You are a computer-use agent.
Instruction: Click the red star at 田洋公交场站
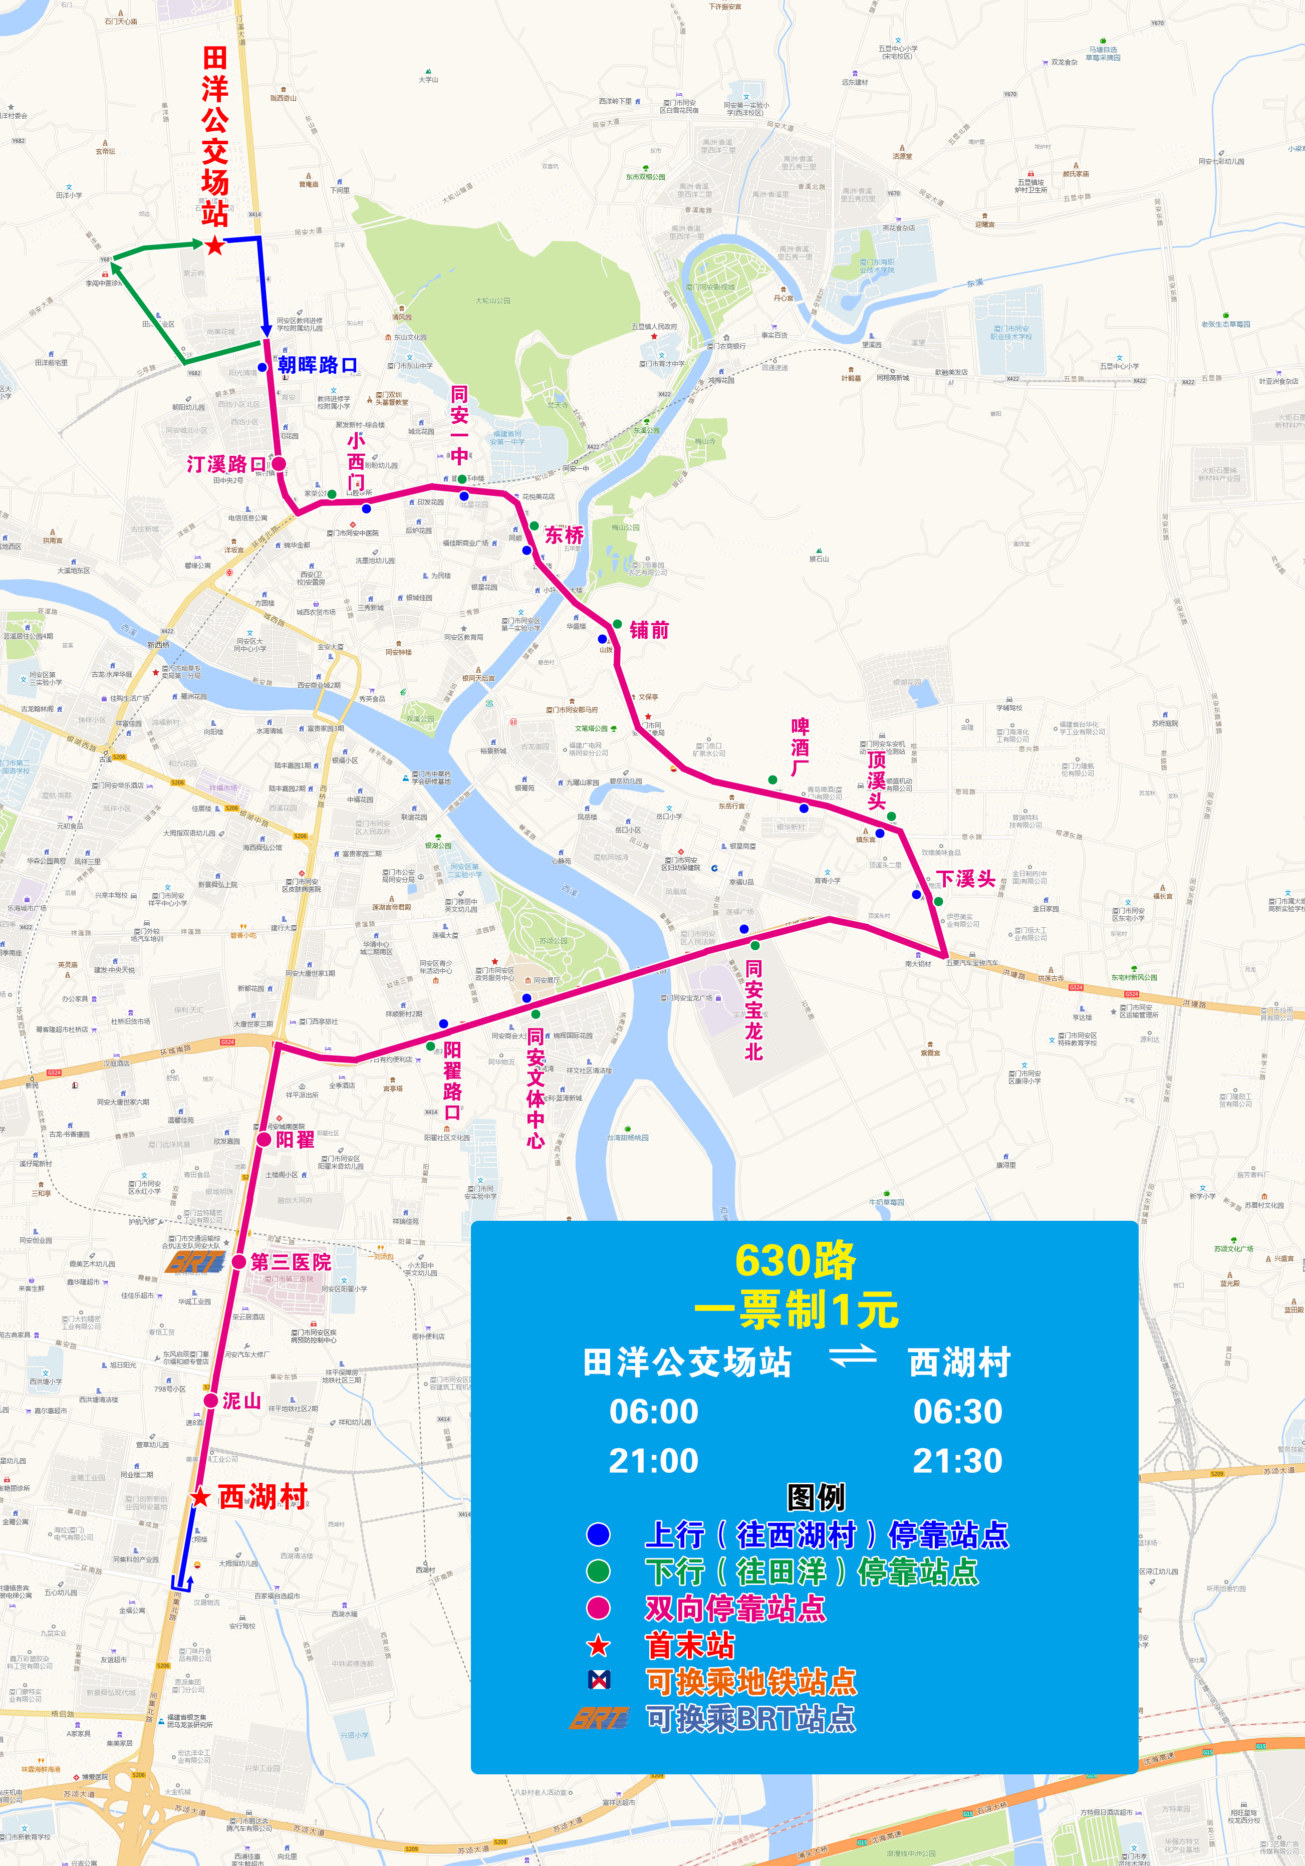[214, 245]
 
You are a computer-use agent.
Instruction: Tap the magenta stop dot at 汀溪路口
[279, 464]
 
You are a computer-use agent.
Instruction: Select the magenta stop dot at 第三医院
[239, 1261]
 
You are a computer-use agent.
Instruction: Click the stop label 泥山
[241, 1400]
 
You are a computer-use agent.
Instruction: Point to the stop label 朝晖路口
[317, 365]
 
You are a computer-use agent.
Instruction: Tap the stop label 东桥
[564, 535]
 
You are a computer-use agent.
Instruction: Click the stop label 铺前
[649, 630]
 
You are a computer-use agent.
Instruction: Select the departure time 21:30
[957, 1460]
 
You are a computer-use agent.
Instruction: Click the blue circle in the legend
[598, 1534]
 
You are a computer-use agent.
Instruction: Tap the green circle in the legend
[598, 1571]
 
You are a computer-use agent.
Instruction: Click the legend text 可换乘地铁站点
[751, 1682]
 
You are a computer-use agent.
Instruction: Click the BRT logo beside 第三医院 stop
[195, 1261]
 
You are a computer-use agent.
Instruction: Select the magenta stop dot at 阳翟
[264, 1140]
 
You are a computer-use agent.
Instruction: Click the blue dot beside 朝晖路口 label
[263, 367]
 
